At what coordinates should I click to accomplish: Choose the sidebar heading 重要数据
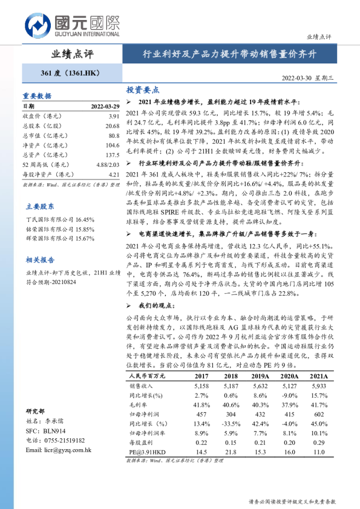coord(37,96)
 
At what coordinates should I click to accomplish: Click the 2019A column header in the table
coord(260,375)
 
